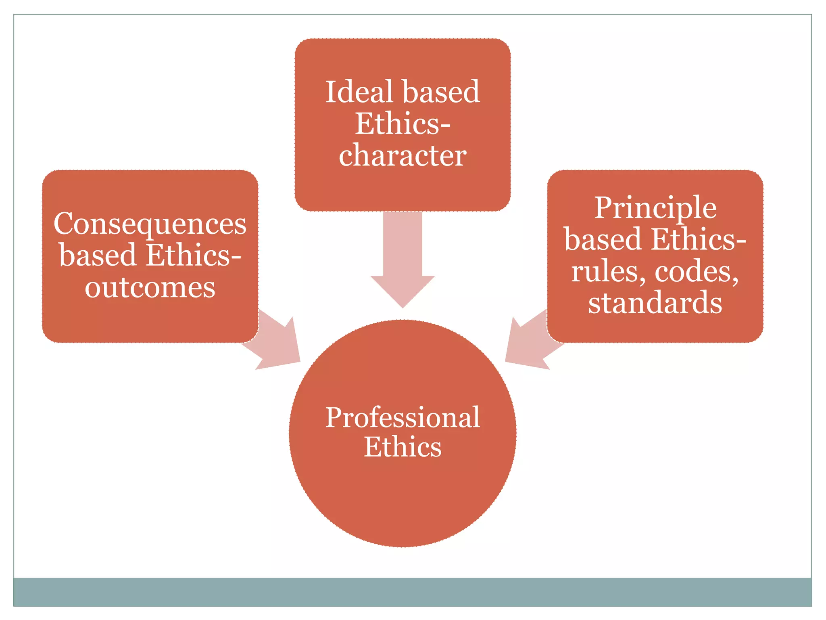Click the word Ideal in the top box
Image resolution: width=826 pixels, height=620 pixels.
359,92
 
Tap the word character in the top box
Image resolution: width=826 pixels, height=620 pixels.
403,156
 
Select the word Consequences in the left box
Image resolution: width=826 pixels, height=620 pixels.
150,224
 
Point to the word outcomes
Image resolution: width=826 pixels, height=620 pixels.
150,288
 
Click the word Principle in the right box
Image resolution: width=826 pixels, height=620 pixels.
655,208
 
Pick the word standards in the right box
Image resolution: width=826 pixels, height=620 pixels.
655,303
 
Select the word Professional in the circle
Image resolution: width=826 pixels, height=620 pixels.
403,417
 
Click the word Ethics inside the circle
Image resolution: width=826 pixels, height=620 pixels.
403,447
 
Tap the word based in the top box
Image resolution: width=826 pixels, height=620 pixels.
441,92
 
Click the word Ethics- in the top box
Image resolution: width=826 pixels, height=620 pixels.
403,124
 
